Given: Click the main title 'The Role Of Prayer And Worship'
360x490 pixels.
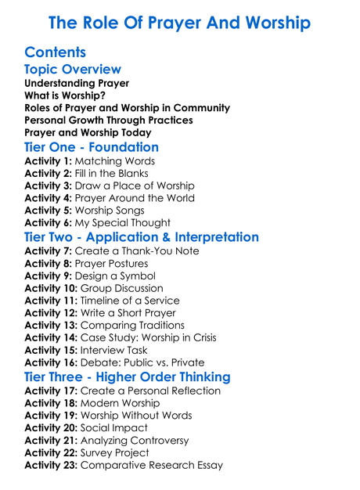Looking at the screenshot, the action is point(179,22).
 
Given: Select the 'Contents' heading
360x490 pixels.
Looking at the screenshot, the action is point(56,53).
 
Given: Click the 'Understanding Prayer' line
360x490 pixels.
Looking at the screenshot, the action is point(77,83).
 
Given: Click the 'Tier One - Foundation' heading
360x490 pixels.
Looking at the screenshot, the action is point(92,147).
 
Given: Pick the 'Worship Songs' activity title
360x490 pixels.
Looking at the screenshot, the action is point(112,211).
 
